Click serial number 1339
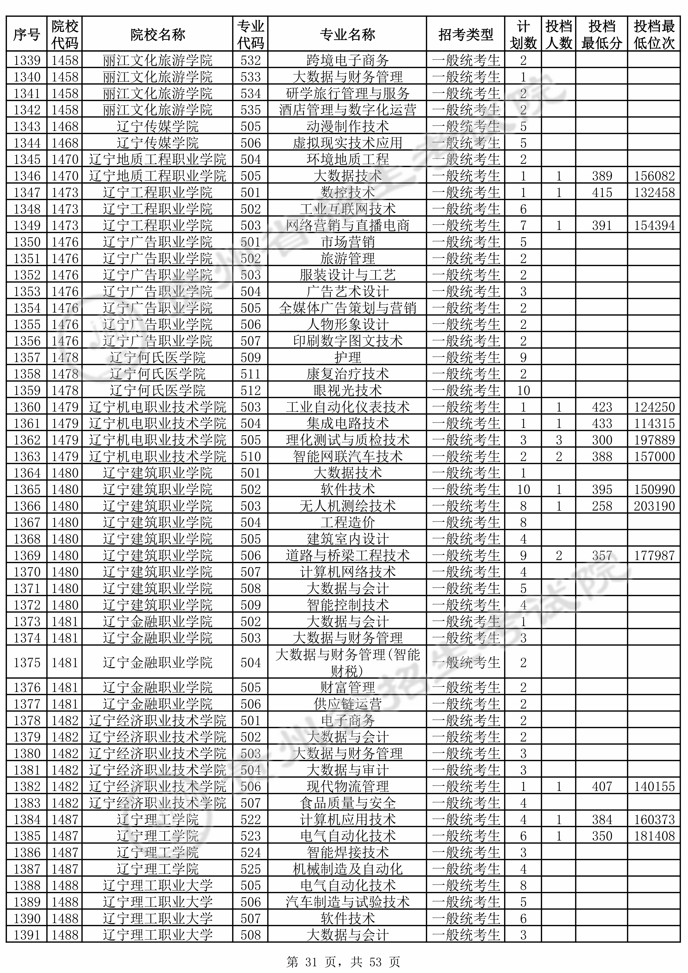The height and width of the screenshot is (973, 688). [27, 61]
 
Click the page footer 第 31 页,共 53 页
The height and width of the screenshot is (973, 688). [343, 961]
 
